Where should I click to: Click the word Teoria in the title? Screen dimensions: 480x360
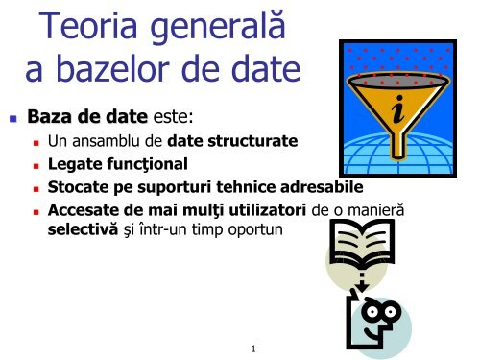point(88,26)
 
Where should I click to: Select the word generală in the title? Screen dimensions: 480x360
point(218,27)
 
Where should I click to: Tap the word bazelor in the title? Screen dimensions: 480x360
point(112,68)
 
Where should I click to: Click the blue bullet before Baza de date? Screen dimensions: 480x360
point(13,119)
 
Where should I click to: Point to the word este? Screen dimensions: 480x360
point(173,117)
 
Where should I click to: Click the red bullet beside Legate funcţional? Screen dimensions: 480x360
point(36,166)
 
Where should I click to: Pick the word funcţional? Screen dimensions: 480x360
point(147,164)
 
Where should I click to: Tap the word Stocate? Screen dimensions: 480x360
point(78,187)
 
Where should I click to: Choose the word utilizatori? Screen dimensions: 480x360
point(268,210)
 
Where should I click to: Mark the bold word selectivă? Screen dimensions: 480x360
point(83,229)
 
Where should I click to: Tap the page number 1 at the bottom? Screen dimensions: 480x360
point(253,348)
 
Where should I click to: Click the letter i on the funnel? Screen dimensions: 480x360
point(398,109)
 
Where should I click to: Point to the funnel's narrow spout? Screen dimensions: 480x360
point(398,145)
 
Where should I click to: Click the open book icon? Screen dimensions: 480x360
point(362,244)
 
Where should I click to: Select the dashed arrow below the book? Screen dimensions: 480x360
point(362,282)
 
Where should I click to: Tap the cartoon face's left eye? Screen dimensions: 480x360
point(372,311)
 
